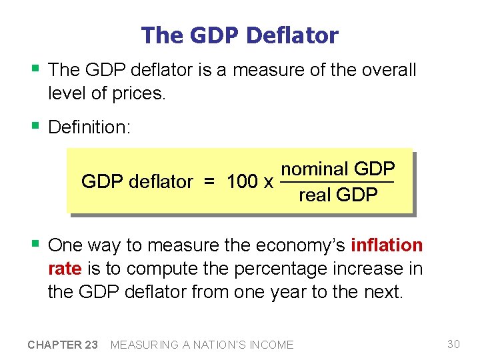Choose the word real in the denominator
tap(315, 195)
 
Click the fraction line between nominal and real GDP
tap(337, 182)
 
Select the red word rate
tap(65, 268)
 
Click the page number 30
tap(453, 344)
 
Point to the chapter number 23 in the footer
tap(90, 345)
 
